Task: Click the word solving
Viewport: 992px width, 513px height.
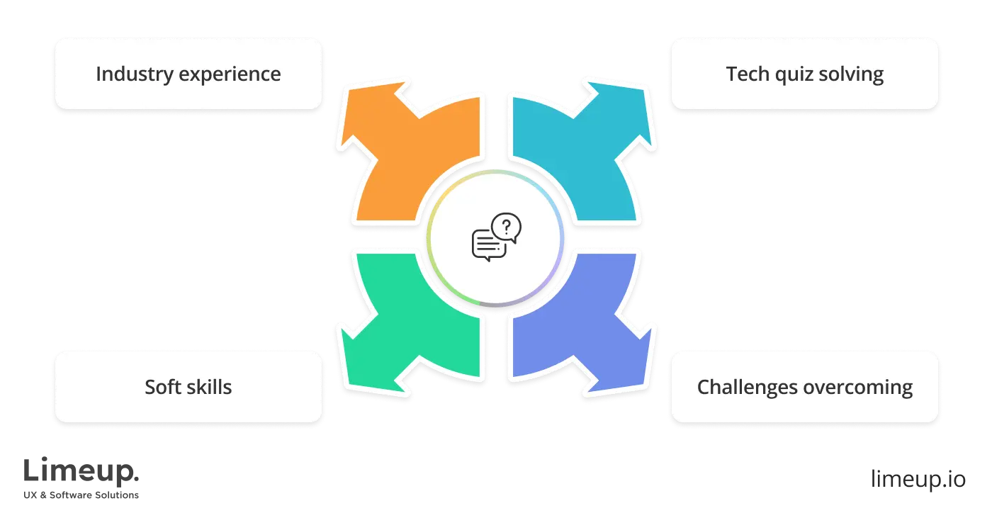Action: (x=853, y=74)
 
